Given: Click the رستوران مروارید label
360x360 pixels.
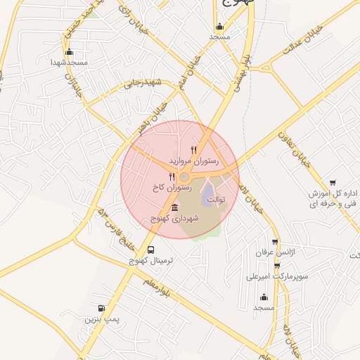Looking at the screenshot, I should pos(194,161).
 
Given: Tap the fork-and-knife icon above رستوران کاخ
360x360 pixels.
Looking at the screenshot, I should pos(172,176).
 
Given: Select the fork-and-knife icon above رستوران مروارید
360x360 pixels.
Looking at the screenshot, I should pos(194,149).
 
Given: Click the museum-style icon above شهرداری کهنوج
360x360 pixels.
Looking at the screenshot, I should pos(174,207).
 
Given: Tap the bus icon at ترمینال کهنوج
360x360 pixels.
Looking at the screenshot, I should pos(151,250).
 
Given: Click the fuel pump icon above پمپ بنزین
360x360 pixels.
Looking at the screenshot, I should pos(103,308).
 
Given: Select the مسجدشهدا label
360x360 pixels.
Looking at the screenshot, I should pos(68,63).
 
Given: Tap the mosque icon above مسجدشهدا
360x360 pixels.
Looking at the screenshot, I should pos(68,51).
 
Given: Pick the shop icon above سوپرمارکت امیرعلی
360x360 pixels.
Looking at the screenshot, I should pos(277,265).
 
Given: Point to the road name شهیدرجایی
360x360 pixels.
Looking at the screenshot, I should pos(143,83).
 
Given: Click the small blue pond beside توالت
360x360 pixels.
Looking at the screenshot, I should pos(209,198).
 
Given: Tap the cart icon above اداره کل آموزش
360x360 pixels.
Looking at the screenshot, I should pos(333,181).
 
